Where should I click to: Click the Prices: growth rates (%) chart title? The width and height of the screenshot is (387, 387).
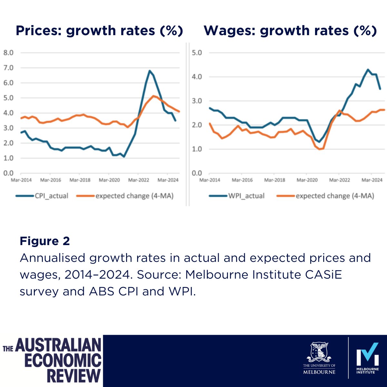99,31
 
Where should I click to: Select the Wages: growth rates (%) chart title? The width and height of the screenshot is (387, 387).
290,31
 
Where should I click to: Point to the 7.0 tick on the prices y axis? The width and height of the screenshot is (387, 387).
8,68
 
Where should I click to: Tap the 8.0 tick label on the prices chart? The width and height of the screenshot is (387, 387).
8,53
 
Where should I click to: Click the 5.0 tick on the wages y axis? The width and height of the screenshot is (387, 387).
197,53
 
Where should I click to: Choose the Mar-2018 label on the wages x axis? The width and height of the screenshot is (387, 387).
274,180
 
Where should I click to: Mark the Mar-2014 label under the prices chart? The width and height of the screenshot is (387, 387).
21,180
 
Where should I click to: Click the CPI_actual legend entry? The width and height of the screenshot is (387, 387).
51,196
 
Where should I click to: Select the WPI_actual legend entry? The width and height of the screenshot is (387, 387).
246,196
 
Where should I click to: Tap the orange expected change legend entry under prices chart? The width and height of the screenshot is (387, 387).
134,196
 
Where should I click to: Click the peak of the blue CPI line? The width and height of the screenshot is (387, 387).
150,71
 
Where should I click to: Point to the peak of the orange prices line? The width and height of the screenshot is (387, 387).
154,96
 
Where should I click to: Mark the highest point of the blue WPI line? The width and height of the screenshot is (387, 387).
368,69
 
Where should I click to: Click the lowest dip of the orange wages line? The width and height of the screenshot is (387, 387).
320,149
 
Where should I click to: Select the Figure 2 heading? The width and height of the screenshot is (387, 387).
45,241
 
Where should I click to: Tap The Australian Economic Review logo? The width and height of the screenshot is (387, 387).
52,360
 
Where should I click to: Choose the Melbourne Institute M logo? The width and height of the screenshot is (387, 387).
367,355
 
